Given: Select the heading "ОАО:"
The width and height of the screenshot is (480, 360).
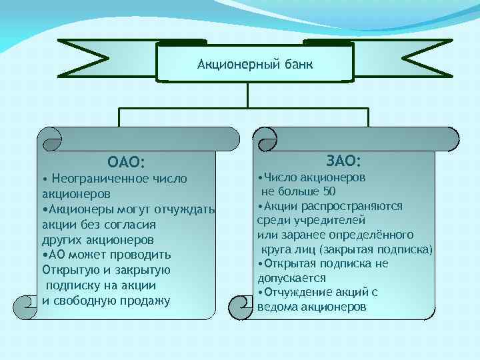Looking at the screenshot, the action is click(x=126, y=161).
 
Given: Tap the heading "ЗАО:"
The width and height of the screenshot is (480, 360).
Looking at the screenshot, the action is click(x=344, y=161).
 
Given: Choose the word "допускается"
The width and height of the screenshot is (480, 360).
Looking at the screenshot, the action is click(x=292, y=278).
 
